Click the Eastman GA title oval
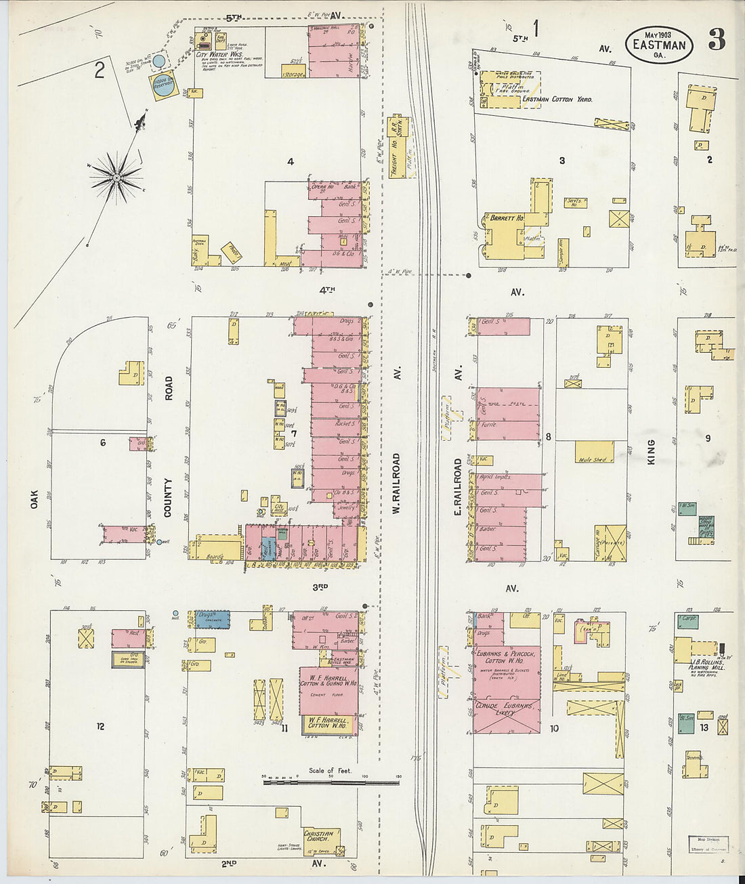658,45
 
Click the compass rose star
116,177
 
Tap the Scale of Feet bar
331,782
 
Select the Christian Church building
318,838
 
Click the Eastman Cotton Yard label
557,100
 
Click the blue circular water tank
159,62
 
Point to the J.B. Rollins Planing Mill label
708,664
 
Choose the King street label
651,451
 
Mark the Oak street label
35,499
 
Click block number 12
100,727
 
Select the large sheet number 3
717,41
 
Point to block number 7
294,433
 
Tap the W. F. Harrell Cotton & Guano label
327,680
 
